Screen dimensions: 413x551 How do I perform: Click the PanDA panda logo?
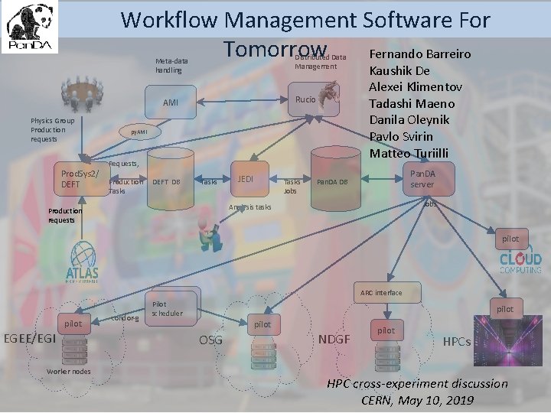[x=31, y=29]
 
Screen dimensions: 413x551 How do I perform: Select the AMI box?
[x=170, y=102]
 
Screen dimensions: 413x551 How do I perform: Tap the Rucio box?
[x=305, y=99]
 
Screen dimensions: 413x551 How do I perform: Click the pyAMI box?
[x=139, y=132]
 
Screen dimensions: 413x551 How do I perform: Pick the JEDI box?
[x=246, y=178]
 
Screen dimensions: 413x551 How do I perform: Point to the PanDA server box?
[x=422, y=179]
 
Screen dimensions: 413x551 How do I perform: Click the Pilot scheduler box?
[x=167, y=308]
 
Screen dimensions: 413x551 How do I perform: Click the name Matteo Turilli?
[x=410, y=152]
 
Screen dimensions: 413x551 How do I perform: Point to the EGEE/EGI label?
[x=29, y=338]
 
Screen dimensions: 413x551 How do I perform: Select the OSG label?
[x=210, y=340]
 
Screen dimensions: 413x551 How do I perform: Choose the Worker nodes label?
[x=68, y=372]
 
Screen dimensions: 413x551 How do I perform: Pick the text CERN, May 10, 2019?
[x=417, y=399]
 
